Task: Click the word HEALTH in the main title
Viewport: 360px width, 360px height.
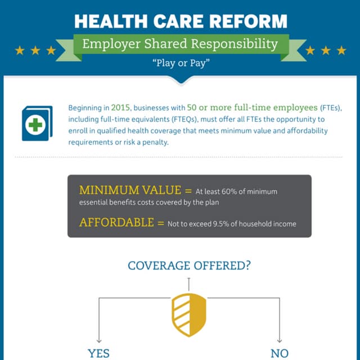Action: point(111,21)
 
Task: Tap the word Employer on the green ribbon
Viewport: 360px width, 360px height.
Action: point(111,44)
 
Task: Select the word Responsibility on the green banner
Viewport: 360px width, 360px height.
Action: point(235,44)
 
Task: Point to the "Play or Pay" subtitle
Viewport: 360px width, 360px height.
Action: point(181,63)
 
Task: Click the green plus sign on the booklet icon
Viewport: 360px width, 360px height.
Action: point(35,125)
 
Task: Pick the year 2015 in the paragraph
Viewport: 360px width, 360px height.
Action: point(120,107)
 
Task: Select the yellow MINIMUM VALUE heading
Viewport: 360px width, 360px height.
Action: point(130,190)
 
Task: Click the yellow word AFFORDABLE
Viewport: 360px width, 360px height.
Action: point(116,223)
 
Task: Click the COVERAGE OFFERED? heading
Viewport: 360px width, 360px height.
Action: point(189,265)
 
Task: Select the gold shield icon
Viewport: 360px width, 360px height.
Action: point(189,315)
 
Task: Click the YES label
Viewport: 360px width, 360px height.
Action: point(99,354)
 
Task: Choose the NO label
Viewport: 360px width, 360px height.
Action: point(280,354)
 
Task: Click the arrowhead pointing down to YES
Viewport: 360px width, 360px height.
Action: point(99,341)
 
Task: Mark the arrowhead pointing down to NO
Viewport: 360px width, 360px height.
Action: point(280,341)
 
